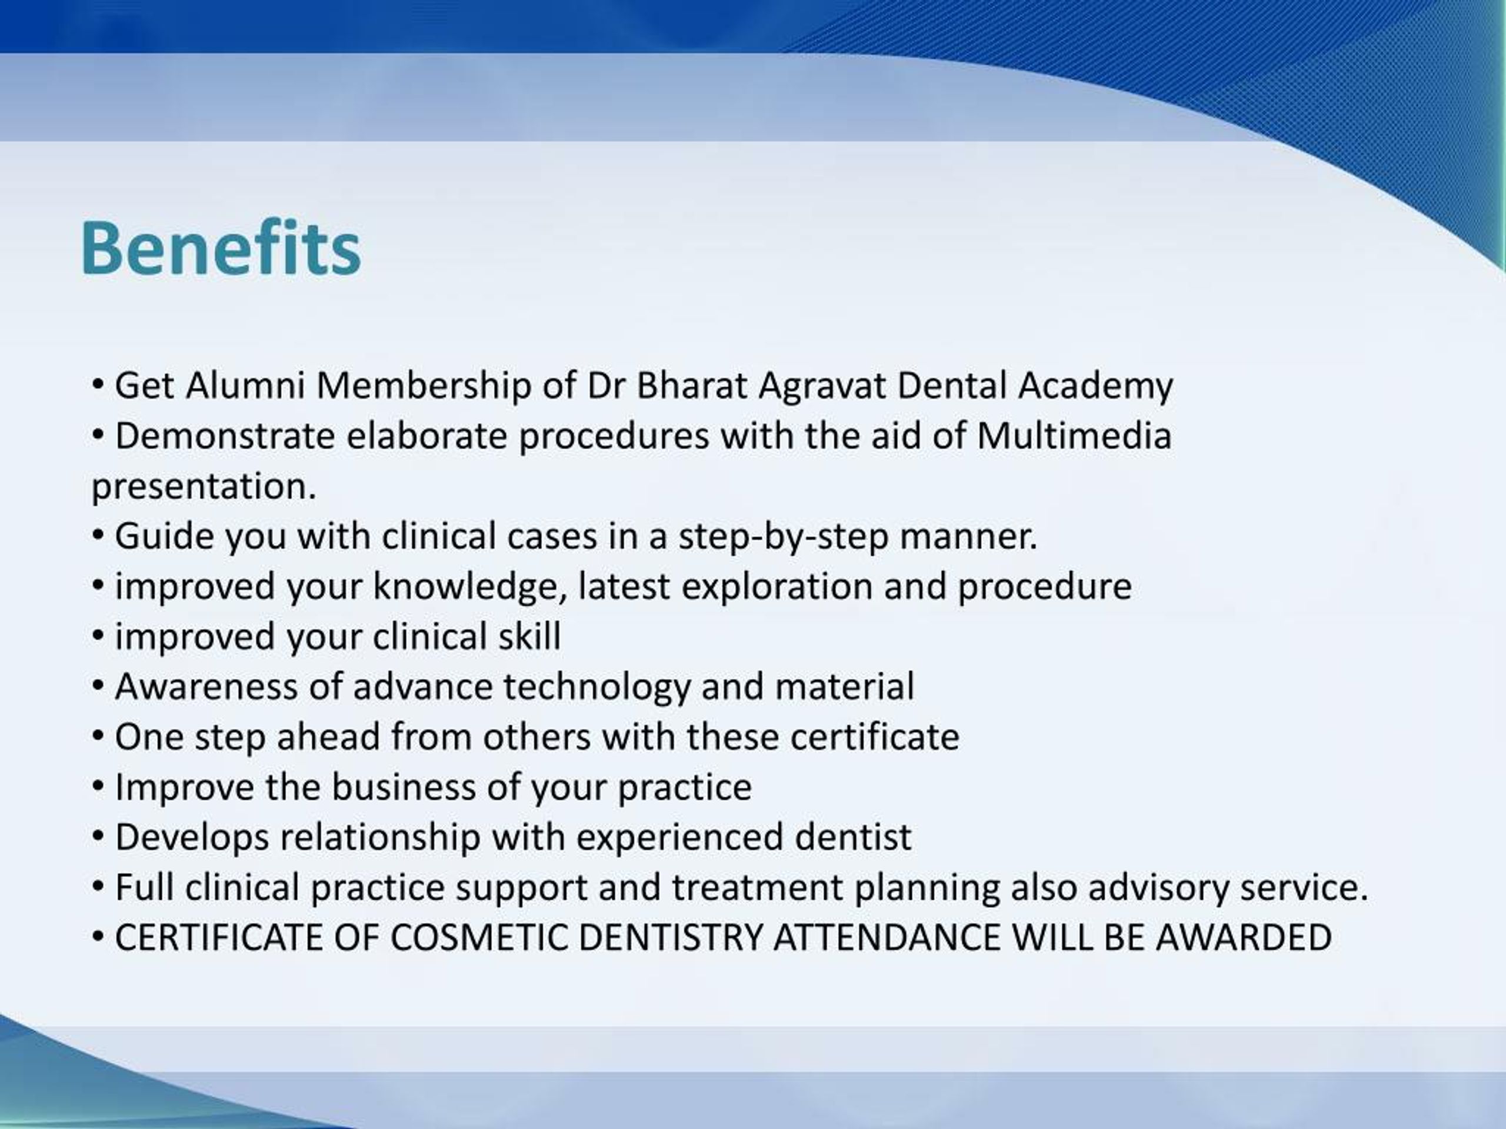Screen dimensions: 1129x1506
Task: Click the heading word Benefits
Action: coord(220,248)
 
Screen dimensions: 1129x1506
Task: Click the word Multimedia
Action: coord(1074,436)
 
